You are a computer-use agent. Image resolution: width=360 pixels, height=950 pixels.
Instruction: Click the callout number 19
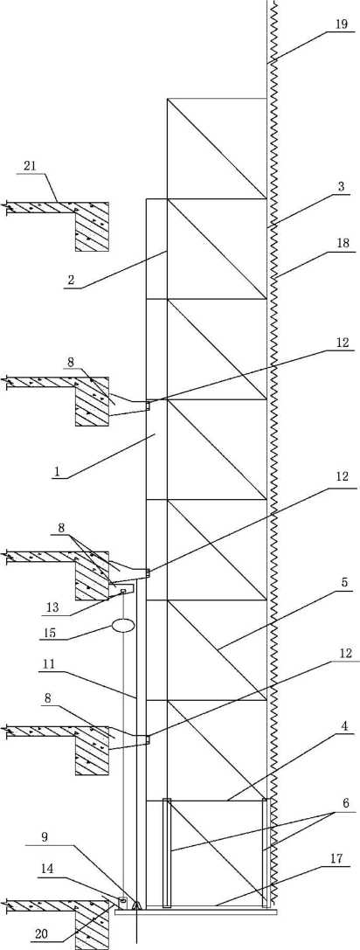[x=342, y=24]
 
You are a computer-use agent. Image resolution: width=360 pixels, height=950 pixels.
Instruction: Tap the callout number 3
[x=342, y=187]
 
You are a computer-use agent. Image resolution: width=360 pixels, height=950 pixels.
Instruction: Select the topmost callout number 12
[x=343, y=343]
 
